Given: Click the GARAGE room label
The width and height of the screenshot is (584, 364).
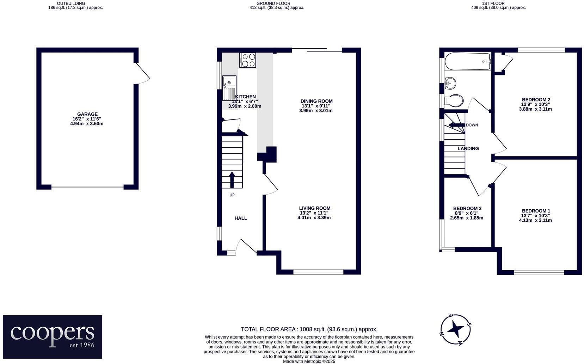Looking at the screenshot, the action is coord(87,114).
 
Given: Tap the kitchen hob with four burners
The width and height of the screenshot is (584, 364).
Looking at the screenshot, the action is coord(247,60).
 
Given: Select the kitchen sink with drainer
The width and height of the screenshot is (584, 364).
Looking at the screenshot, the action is coord(229,88).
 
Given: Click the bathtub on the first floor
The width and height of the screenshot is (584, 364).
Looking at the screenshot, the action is coord(468,62).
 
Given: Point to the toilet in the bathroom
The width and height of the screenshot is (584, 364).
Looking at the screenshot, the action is coord(454,101).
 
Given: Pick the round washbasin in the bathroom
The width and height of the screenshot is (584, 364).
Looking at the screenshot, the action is coord(450,83).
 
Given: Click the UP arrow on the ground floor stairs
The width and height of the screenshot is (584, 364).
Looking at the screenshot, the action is coord(232,180).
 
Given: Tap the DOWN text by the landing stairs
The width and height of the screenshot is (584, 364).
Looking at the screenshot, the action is coord(472,125).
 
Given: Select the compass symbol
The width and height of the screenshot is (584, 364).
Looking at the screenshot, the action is coord(455,329).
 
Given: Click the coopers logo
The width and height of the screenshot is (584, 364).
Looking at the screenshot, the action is coord(53,337).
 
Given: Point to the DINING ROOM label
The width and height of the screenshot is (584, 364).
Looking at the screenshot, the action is coord(316,101).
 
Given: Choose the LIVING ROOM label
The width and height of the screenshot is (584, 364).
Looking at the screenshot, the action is coord(315,208).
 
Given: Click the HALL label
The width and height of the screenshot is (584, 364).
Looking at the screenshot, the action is coord(241,218).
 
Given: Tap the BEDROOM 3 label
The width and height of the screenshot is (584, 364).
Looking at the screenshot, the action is coord(467,209).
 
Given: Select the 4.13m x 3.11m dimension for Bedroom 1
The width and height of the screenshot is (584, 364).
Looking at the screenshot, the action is coord(535,220).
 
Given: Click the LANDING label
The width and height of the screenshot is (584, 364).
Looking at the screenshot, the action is coord(468,149).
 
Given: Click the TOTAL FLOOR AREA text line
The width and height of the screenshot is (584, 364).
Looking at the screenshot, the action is coord(309,329).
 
